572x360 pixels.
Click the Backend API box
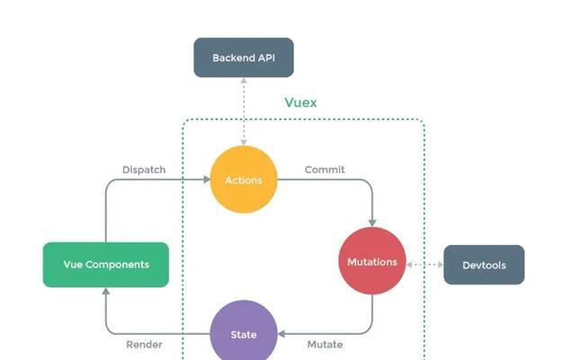[244, 58]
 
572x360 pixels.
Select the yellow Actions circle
[244, 179]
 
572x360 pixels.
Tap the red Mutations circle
[372, 261]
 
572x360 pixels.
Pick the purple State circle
[244, 331]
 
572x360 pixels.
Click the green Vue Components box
[106, 265]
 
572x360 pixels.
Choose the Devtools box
[484, 265]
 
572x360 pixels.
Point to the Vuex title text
[300, 103]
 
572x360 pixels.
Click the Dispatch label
[144, 170]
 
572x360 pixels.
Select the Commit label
[325, 170]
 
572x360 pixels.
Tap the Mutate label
[325, 345]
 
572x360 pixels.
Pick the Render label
[144, 345]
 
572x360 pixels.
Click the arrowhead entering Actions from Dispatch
[207, 179]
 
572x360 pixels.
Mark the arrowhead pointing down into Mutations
[372, 223]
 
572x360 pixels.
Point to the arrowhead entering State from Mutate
[282, 334]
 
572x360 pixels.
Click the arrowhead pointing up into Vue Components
[106, 291]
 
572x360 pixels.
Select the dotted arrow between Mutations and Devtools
[425, 265]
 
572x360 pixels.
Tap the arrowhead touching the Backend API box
[244, 80]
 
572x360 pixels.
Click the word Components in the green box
[117, 265]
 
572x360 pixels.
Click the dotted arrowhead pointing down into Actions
[244, 142]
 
